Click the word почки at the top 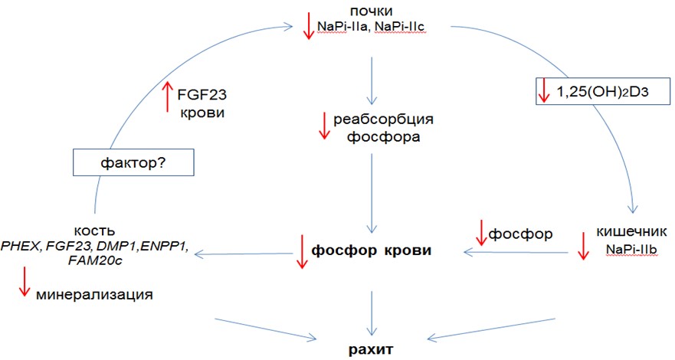point(370,10)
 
